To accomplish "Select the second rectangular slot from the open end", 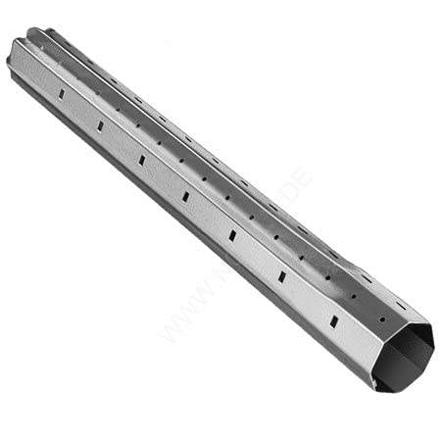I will click(x=282, y=277).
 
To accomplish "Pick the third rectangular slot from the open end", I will click(x=233, y=235).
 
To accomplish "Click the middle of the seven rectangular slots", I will click(x=186, y=196).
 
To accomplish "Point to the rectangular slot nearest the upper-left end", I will click(x=61, y=93).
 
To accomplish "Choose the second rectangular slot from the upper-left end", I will click(x=100, y=125).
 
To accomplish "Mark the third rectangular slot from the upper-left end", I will click(x=142, y=160).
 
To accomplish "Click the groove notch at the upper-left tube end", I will click(x=40, y=36).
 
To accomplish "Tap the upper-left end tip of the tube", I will click(x=12, y=59).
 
